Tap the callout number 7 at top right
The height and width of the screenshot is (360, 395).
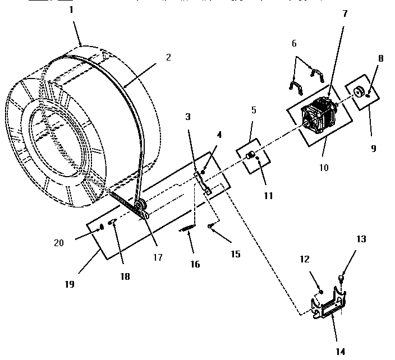point(345,13)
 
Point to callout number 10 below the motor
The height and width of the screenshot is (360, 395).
point(324,167)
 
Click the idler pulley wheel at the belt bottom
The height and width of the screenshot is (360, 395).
point(141,205)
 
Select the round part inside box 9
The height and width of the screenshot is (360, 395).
point(359,91)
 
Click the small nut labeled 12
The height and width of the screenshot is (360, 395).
point(321,292)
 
